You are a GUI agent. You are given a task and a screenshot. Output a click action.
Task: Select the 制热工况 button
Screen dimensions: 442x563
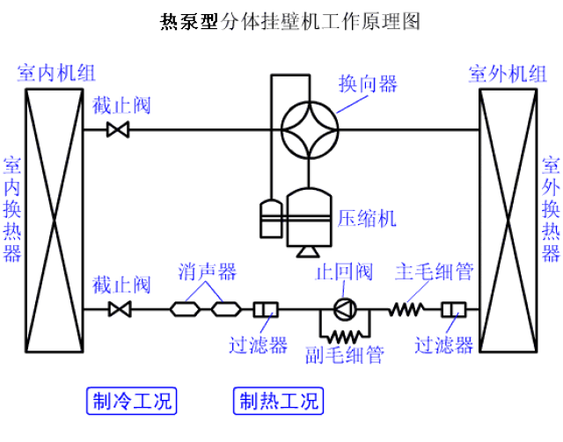(x=276, y=402)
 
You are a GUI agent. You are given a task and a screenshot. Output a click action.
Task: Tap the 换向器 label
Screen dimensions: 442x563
(x=368, y=84)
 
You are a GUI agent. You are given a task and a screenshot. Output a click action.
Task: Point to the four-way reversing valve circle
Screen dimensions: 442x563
(x=311, y=131)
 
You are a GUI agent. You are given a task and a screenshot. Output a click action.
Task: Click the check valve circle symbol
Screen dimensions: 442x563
(x=344, y=309)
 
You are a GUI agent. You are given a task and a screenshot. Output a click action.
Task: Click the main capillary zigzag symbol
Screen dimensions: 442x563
(x=407, y=309)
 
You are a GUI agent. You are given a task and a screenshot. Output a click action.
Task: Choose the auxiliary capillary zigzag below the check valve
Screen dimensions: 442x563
(x=344, y=336)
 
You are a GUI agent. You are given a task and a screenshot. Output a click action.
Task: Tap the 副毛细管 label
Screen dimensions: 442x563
(x=344, y=355)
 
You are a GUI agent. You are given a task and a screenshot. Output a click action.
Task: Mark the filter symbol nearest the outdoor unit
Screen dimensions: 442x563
(x=456, y=309)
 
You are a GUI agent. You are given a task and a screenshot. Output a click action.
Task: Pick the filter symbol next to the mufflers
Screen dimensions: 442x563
(x=266, y=309)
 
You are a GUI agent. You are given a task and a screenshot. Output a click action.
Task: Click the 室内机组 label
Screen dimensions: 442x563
(x=52, y=74)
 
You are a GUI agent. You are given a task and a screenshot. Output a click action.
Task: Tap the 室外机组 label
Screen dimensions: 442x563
(x=508, y=74)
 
